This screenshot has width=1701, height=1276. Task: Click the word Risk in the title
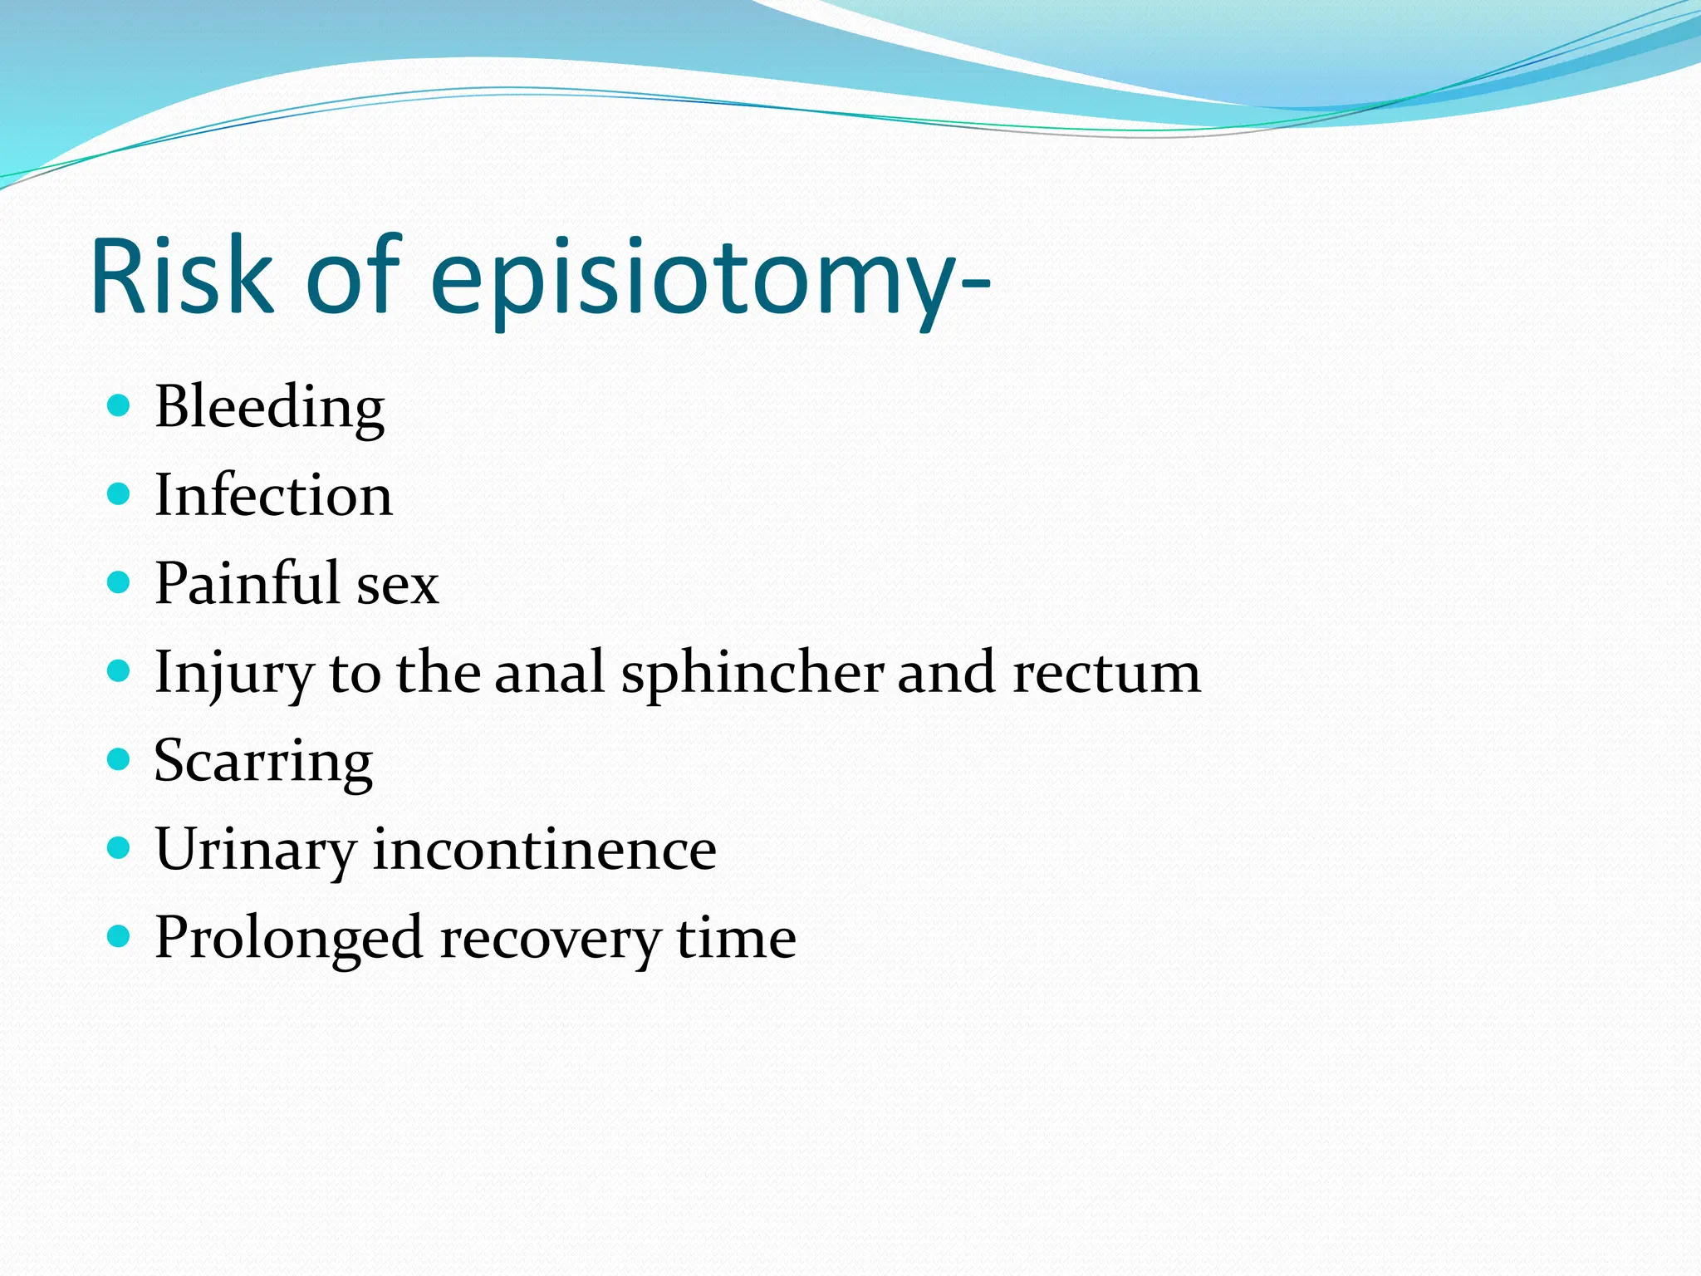[181, 277]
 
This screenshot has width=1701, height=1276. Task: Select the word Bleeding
[269, 407]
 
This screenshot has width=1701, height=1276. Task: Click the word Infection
[273, 495]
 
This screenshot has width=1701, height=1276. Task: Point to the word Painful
[247, 583]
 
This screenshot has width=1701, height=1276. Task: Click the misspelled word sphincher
[752, 673]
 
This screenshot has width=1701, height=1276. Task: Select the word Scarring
[263, 762]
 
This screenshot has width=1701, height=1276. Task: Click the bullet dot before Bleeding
[120, 405]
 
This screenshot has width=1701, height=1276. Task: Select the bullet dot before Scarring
[120, 759]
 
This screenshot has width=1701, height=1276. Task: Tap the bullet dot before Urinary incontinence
[120, 848]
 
